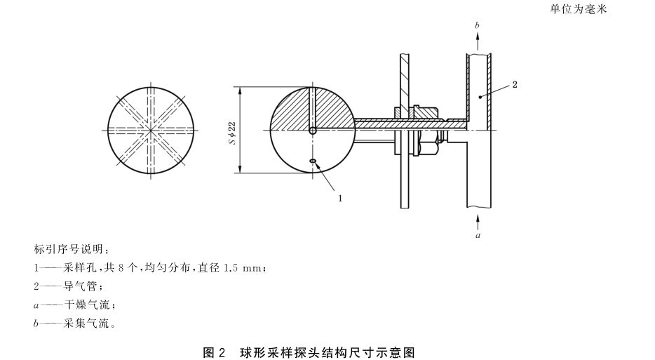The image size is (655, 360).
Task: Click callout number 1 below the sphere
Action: (x=340, y=198)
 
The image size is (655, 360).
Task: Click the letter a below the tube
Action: (x=478, y=236)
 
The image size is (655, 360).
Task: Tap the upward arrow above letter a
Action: (x=478, y=220)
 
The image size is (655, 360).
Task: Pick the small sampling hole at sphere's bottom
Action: (x=313, y=164)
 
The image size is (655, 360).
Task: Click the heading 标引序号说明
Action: (x=69, y=250)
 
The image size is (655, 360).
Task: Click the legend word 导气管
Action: (x=79, y=287)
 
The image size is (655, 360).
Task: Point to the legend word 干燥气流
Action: (x=86, y=305)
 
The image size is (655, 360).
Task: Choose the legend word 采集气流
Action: (x=86, y=324)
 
